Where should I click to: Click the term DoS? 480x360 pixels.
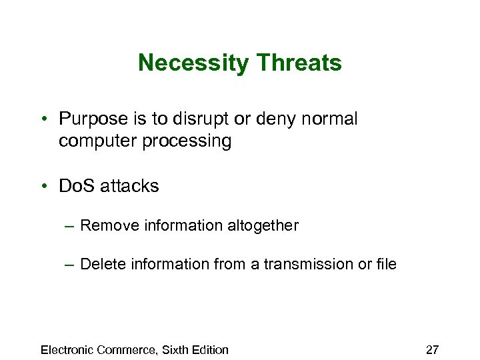point(75,186)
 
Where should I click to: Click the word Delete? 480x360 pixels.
point(101,264)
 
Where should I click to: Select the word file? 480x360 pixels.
point(386,264)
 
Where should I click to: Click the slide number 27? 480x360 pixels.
point(432,349)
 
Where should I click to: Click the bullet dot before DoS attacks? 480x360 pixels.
point(43,186)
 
